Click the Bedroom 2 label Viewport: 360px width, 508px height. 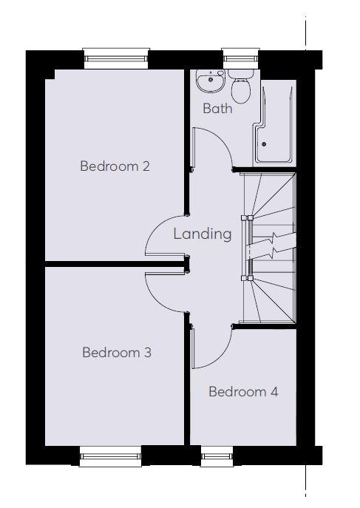[x=115, y=166]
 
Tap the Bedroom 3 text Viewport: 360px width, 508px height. [x=117, y=353]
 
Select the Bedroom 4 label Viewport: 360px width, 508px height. [x=243, y=392]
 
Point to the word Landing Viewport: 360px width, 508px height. [x=203, y=234]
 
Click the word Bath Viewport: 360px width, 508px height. [x=217, y=108]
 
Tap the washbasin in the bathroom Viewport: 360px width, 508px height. [x=211, y=81]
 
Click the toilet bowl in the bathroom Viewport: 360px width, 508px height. [x=241, y=89]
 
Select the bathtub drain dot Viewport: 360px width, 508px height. [x=264, y=144]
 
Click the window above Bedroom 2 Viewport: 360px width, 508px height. [x=116, y=58]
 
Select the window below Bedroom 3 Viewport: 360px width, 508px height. [x=110, y=456]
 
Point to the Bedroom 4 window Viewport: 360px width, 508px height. [x=217, y=456]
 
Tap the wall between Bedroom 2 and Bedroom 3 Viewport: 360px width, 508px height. [x=115, y=264]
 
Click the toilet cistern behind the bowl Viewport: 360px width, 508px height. [x=241, y=73]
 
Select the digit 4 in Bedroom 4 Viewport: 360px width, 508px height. [x=274, y=392]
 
